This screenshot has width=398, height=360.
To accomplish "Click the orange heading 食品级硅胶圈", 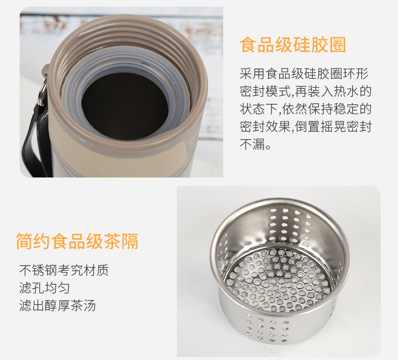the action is (293, 45).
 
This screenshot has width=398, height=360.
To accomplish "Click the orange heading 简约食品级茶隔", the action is (77, 241).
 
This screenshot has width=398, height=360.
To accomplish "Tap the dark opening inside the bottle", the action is (124, 107).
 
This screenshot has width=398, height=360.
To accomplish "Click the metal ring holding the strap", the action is (42, 92).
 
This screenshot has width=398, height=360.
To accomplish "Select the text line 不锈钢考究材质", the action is (64, 270).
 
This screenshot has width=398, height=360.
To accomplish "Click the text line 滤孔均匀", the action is (44, 288).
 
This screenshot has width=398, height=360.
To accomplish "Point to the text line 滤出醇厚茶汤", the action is (57, 306).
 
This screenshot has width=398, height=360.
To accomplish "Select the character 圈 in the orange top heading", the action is (338, 45).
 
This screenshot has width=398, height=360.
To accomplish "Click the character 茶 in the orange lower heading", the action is (112, 241).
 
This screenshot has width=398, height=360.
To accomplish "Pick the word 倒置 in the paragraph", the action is (307, 126).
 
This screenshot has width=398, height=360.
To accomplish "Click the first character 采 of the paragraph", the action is (246, 74).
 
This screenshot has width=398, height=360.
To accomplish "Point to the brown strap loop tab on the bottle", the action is (45, 71).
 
